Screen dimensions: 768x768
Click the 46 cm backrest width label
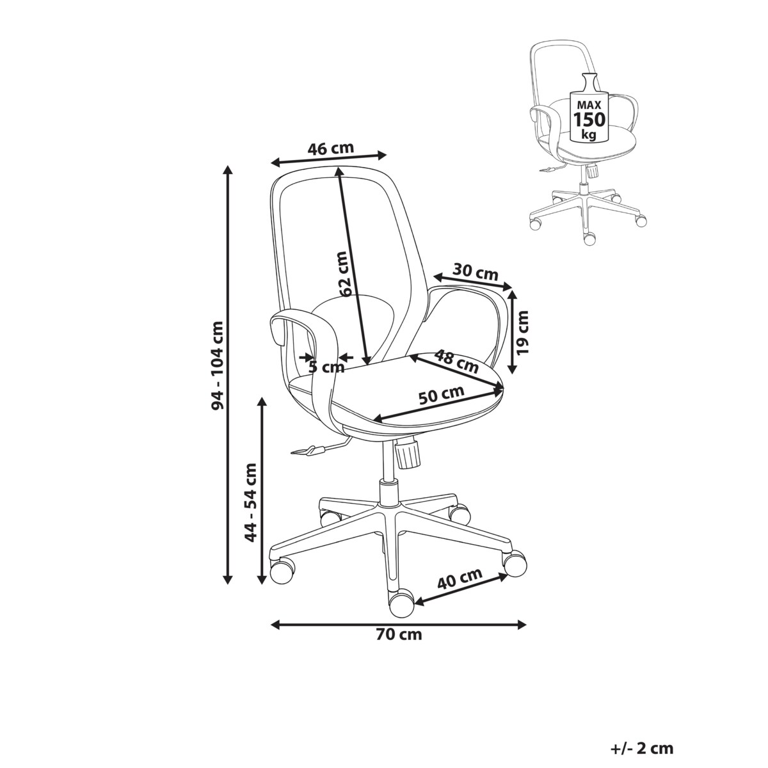point(330,148)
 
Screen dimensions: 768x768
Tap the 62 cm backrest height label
point(345,274)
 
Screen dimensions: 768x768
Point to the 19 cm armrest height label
point(522,332)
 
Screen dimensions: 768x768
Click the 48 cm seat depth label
point(456,361)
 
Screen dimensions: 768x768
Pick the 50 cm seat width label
point(441,395)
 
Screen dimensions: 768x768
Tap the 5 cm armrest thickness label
point(326,367)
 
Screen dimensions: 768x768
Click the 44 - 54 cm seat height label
point(251,502)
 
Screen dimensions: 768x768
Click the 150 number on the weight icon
point(589,119)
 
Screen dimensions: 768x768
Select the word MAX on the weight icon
point(589,105)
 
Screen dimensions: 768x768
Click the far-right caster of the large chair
point(515,563)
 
